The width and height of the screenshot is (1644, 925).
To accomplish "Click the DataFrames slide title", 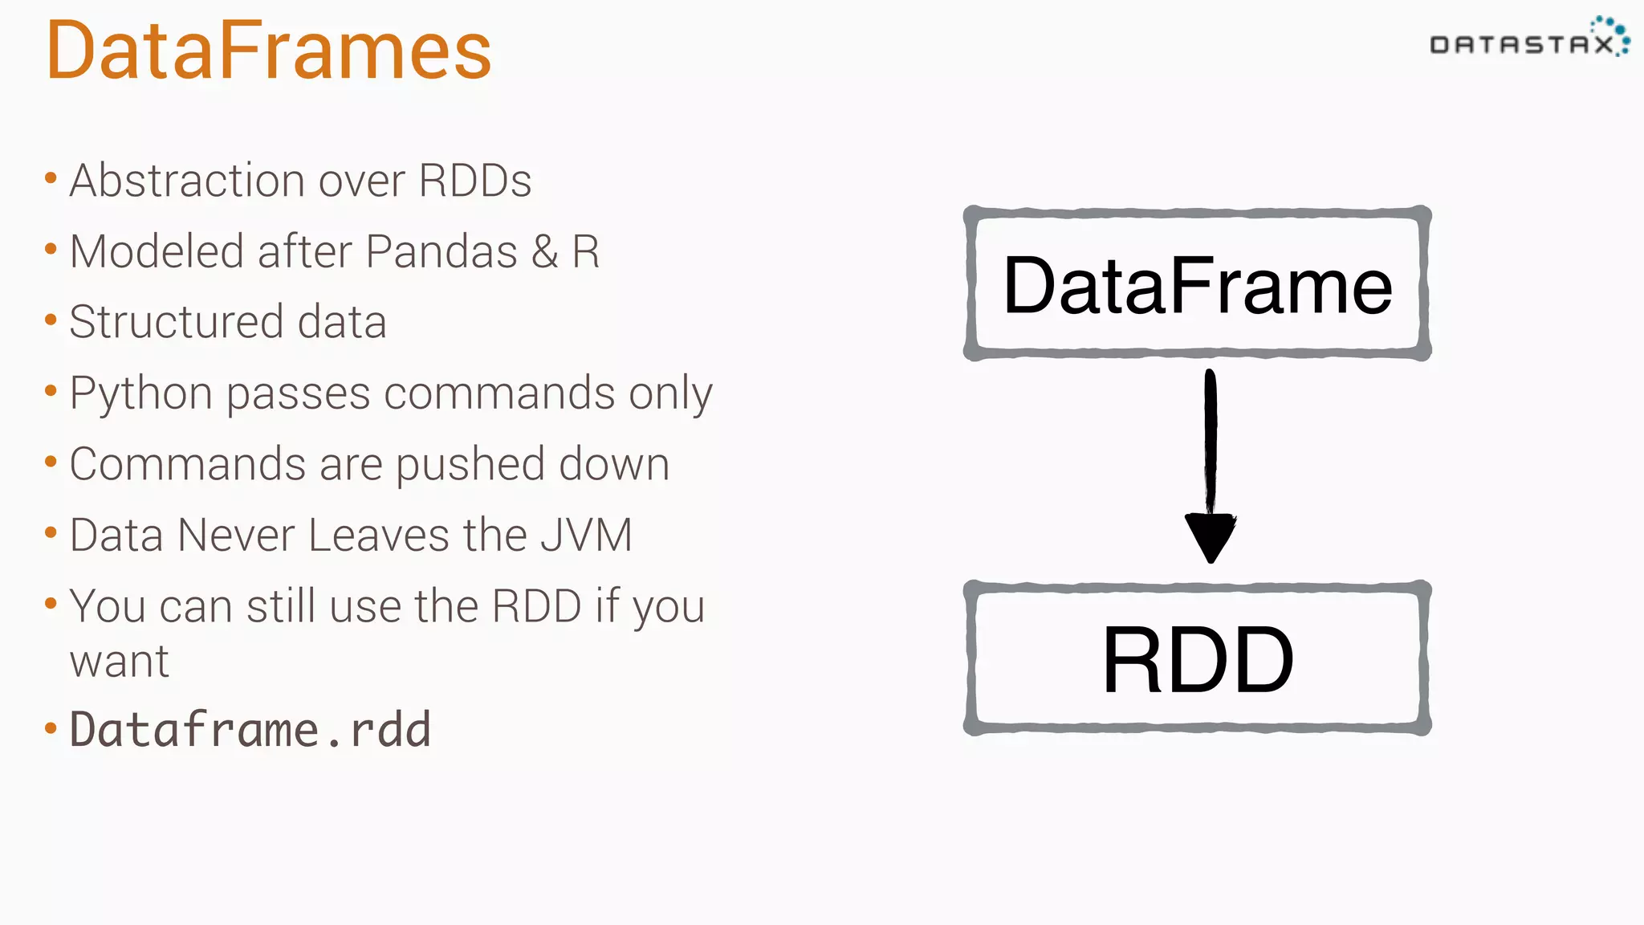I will click(x=268, y=51).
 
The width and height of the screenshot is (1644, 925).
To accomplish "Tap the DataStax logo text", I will click(x=1520, y=45).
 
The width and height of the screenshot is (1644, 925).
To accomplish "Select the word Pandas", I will click(x=442, y=252).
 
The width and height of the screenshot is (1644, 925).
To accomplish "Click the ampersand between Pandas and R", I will click(x=544, y=252).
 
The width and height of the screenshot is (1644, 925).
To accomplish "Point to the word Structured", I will click(x=176, y=323).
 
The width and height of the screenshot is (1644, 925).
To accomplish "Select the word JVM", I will click(x=586, y=536).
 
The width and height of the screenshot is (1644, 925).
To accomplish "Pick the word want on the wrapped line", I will click(x=119, y=662).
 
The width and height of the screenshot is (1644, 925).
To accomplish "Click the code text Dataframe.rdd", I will click(x=250, y=730).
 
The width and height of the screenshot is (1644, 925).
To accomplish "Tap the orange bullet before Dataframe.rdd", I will click(x=51, y=729).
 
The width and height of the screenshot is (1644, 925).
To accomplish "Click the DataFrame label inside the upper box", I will click(x=1197, y=286).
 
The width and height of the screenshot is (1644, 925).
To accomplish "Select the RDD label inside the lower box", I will click(x=1197, y=660).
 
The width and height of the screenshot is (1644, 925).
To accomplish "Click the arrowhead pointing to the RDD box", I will click(x=1211, y=536).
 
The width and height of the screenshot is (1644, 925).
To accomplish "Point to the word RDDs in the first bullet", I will click(x=474, y=181).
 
